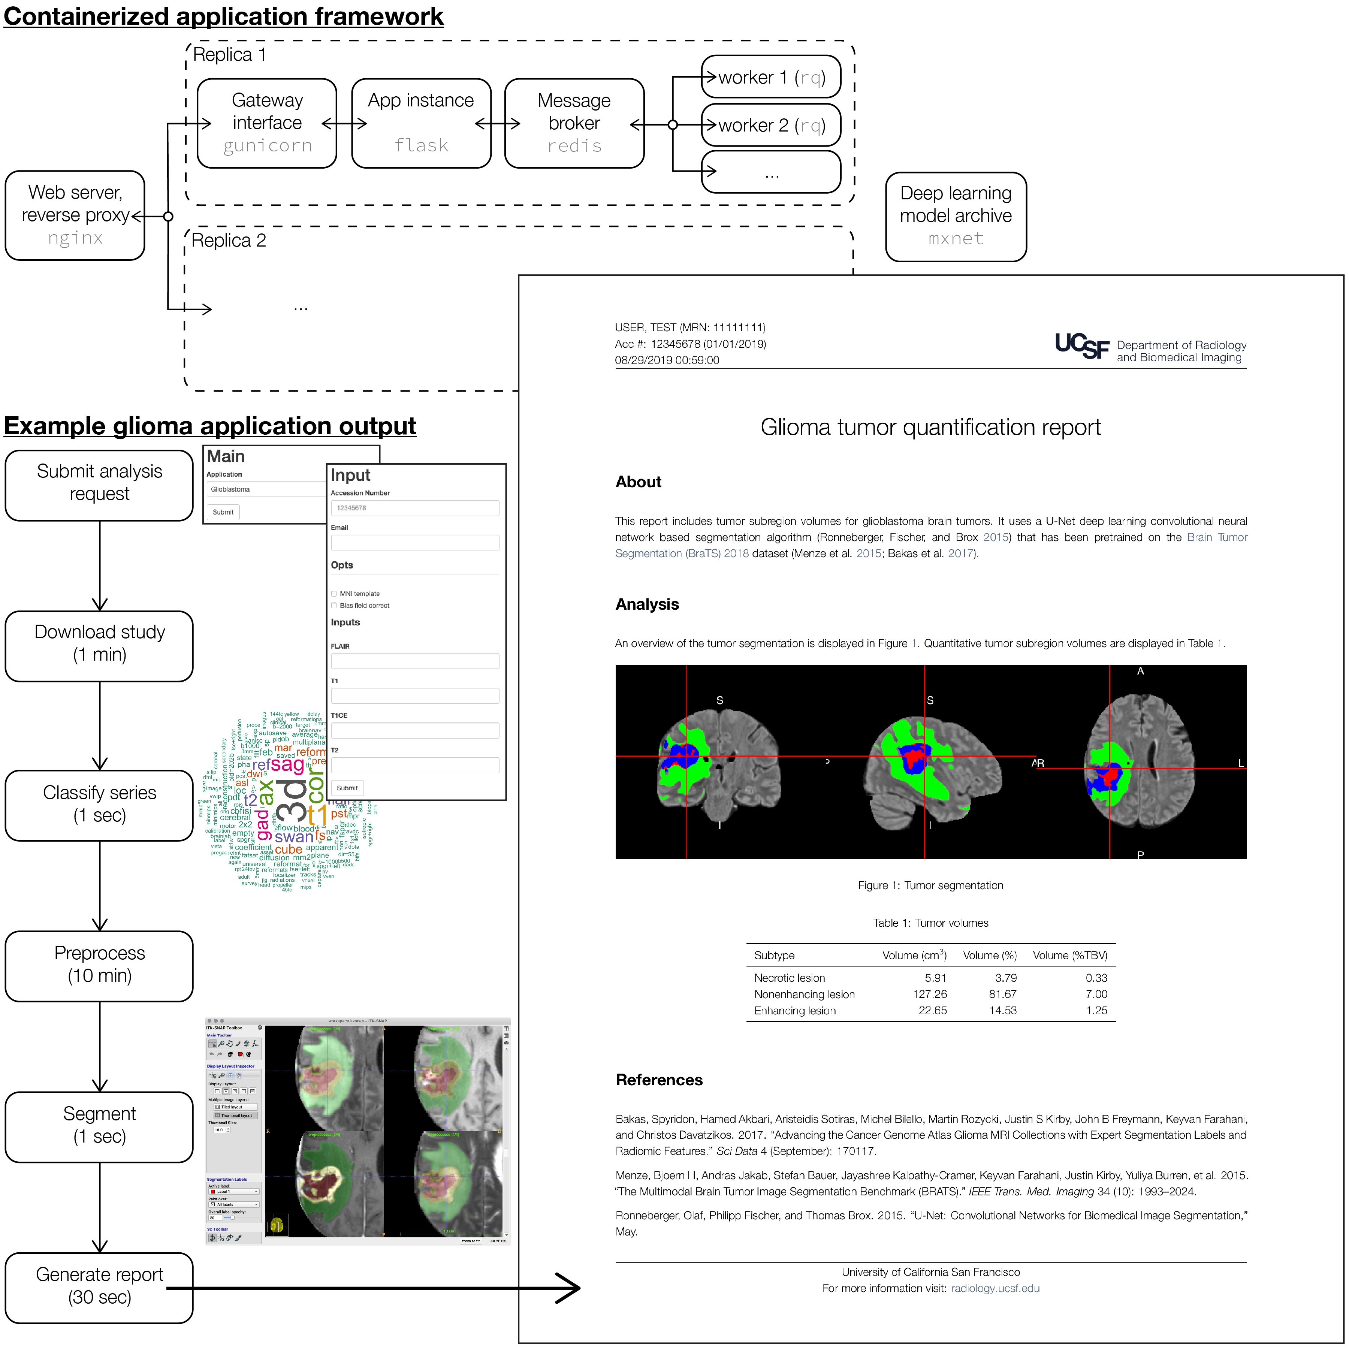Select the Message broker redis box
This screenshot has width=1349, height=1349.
[574, 123]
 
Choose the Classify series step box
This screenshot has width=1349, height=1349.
[99, 805]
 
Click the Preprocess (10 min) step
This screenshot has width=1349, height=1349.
[99, 965]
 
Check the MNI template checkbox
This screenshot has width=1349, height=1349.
[334, 594]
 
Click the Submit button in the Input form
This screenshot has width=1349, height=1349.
[347, 788]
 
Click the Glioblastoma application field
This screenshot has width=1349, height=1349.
[265, 489]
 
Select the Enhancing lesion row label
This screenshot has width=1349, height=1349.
[794, 1010]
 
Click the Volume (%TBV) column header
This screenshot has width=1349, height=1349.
[1070, 955]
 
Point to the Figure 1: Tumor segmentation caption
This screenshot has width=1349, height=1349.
[930, 885]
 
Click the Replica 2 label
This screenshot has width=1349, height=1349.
[229, 241]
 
